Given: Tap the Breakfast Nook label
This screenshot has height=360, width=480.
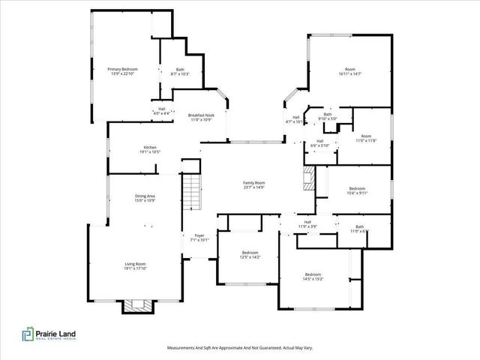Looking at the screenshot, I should pos(201,117).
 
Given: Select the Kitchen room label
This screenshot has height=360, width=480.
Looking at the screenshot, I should pos(150,149).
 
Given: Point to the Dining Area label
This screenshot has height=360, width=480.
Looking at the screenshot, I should pos(124,198).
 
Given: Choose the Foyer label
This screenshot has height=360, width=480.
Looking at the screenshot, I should pos(199,238).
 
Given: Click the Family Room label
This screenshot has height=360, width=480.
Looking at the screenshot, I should pos(254,184).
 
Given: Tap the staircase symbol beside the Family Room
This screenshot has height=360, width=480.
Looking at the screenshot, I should pos(192,191).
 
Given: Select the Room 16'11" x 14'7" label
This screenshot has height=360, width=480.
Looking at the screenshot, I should pos(350,71).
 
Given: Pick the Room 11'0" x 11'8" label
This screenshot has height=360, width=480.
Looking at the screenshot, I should pos(363,138).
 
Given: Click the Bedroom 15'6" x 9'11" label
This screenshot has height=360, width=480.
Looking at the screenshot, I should pos(356,190).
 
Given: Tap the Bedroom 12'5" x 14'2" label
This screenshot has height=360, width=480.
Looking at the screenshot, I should pos(250,255).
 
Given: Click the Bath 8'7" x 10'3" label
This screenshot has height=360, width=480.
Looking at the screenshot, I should pos(180,71).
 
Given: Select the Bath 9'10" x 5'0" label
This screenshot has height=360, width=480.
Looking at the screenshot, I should pos(328,116).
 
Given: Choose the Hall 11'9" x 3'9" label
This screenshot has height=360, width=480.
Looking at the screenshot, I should pos(307,223).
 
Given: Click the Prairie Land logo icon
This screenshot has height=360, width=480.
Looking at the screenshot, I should pos(27,335).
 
